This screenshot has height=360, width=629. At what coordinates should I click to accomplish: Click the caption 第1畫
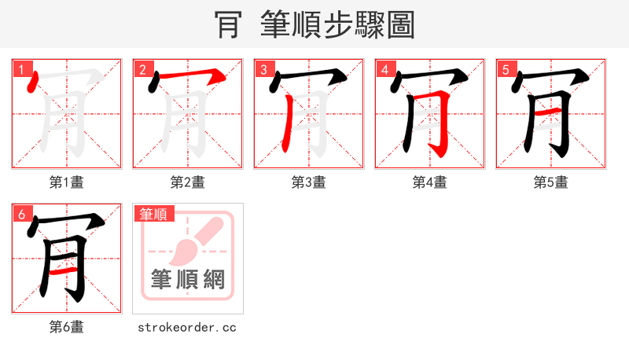(x=67, y=182)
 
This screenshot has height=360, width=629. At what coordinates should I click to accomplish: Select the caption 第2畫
(x=188, y=182)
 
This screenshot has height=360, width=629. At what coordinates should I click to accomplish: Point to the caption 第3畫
(x=309, y=182)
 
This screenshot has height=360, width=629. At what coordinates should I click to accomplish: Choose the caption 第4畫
(x=430, y=182)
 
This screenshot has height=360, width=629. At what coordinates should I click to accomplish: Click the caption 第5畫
(x=551, y=182)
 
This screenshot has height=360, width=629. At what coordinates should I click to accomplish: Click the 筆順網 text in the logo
(x=188, y=279)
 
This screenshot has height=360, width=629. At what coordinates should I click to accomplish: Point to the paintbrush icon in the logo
(x=188, y=244)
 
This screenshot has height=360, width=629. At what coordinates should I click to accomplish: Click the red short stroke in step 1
(x=31, y=83)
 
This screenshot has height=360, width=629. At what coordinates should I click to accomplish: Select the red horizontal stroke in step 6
(x=64, y=272)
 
